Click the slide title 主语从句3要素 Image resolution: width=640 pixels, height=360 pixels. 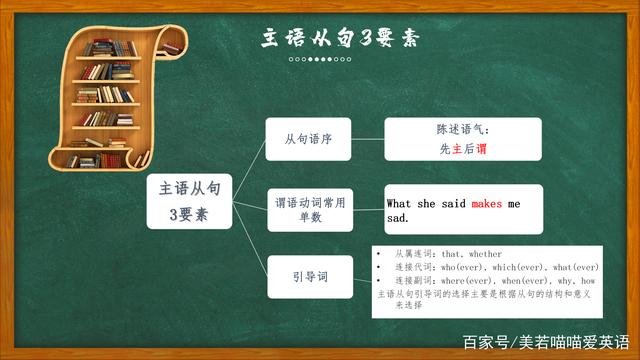[x=339, y=39]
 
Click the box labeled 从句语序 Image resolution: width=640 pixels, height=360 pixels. [x=308, y=140]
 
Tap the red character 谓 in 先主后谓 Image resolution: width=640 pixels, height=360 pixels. [x=481, y=148]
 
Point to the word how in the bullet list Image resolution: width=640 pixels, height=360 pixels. [x=589, y=281]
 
